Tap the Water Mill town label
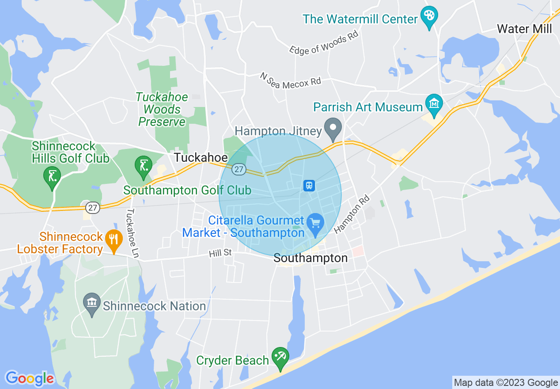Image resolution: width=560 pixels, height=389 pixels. click(524, 29)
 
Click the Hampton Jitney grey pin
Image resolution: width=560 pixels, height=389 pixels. click(333, 128)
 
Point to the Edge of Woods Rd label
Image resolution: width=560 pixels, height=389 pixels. click(323, 43)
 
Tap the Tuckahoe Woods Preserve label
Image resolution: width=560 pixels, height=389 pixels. click(162, 109)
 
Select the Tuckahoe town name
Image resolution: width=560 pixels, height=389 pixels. click(201, 158)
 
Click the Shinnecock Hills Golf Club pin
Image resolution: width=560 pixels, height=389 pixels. click(52, 176)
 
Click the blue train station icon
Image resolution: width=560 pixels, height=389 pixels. click(309, 185)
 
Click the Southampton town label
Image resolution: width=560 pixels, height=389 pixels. click(310, 258)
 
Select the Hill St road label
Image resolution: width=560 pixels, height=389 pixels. click(220, 253)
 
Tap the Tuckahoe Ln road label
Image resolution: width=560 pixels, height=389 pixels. click(132, 233)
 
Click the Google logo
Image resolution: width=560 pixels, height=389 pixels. click(30, 378)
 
